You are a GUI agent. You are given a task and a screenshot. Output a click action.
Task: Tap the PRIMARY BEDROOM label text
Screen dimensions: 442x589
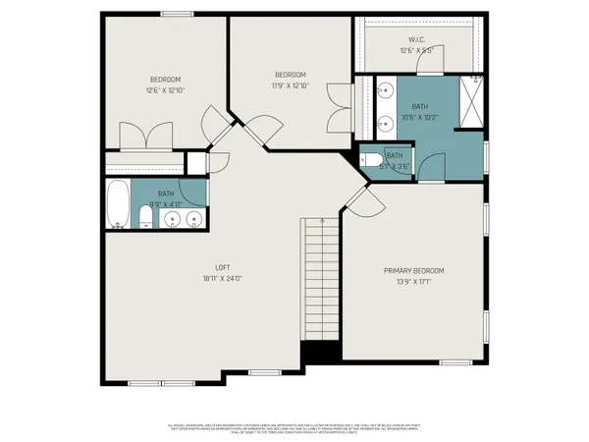pyautogui.click(x=413, y=270)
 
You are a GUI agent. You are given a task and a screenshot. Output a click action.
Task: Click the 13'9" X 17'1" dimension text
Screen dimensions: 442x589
pyautogui.click(x=413, y=281)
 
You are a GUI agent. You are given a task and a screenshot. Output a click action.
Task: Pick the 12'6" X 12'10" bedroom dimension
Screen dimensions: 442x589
pyautogui.click(x=165, y=90)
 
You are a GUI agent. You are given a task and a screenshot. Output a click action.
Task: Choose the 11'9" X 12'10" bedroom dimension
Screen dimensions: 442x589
pyautogui.click(x=291, y=85)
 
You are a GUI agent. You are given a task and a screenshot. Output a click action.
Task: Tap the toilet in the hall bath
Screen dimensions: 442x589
pyautogui.click(x=144, y=216)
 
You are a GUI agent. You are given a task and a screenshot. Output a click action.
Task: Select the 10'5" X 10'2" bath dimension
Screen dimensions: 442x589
pyautogui.click(x=418, y=116)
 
